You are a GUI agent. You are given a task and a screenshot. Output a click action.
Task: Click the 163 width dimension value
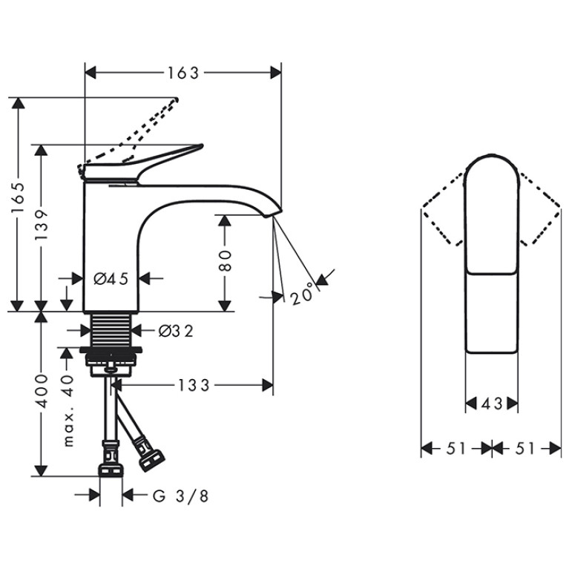183,73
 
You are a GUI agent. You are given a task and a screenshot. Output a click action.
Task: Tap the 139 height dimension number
42,225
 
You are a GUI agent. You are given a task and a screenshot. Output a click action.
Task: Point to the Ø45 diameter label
111,279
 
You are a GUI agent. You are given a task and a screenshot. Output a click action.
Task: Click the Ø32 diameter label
176,330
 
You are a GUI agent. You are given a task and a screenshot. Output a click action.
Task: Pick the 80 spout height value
225,260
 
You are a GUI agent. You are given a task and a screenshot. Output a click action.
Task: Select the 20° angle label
301,293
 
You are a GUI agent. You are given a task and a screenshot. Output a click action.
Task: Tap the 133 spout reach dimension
194,385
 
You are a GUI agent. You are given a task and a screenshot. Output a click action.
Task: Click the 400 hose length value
42,392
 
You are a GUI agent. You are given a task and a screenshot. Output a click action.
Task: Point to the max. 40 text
68,411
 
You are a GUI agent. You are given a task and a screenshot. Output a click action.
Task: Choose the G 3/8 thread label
180,496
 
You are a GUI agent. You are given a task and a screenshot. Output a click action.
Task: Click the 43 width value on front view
492,403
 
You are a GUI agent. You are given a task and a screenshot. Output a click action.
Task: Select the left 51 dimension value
456,449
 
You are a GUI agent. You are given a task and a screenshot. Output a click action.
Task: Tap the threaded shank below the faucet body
111,330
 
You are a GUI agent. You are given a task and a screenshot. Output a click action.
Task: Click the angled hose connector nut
152,459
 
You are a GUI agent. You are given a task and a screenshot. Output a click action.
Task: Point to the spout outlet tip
270,216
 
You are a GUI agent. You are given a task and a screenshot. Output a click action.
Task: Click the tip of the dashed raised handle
177,99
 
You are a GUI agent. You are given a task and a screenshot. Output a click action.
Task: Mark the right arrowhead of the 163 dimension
276,73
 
